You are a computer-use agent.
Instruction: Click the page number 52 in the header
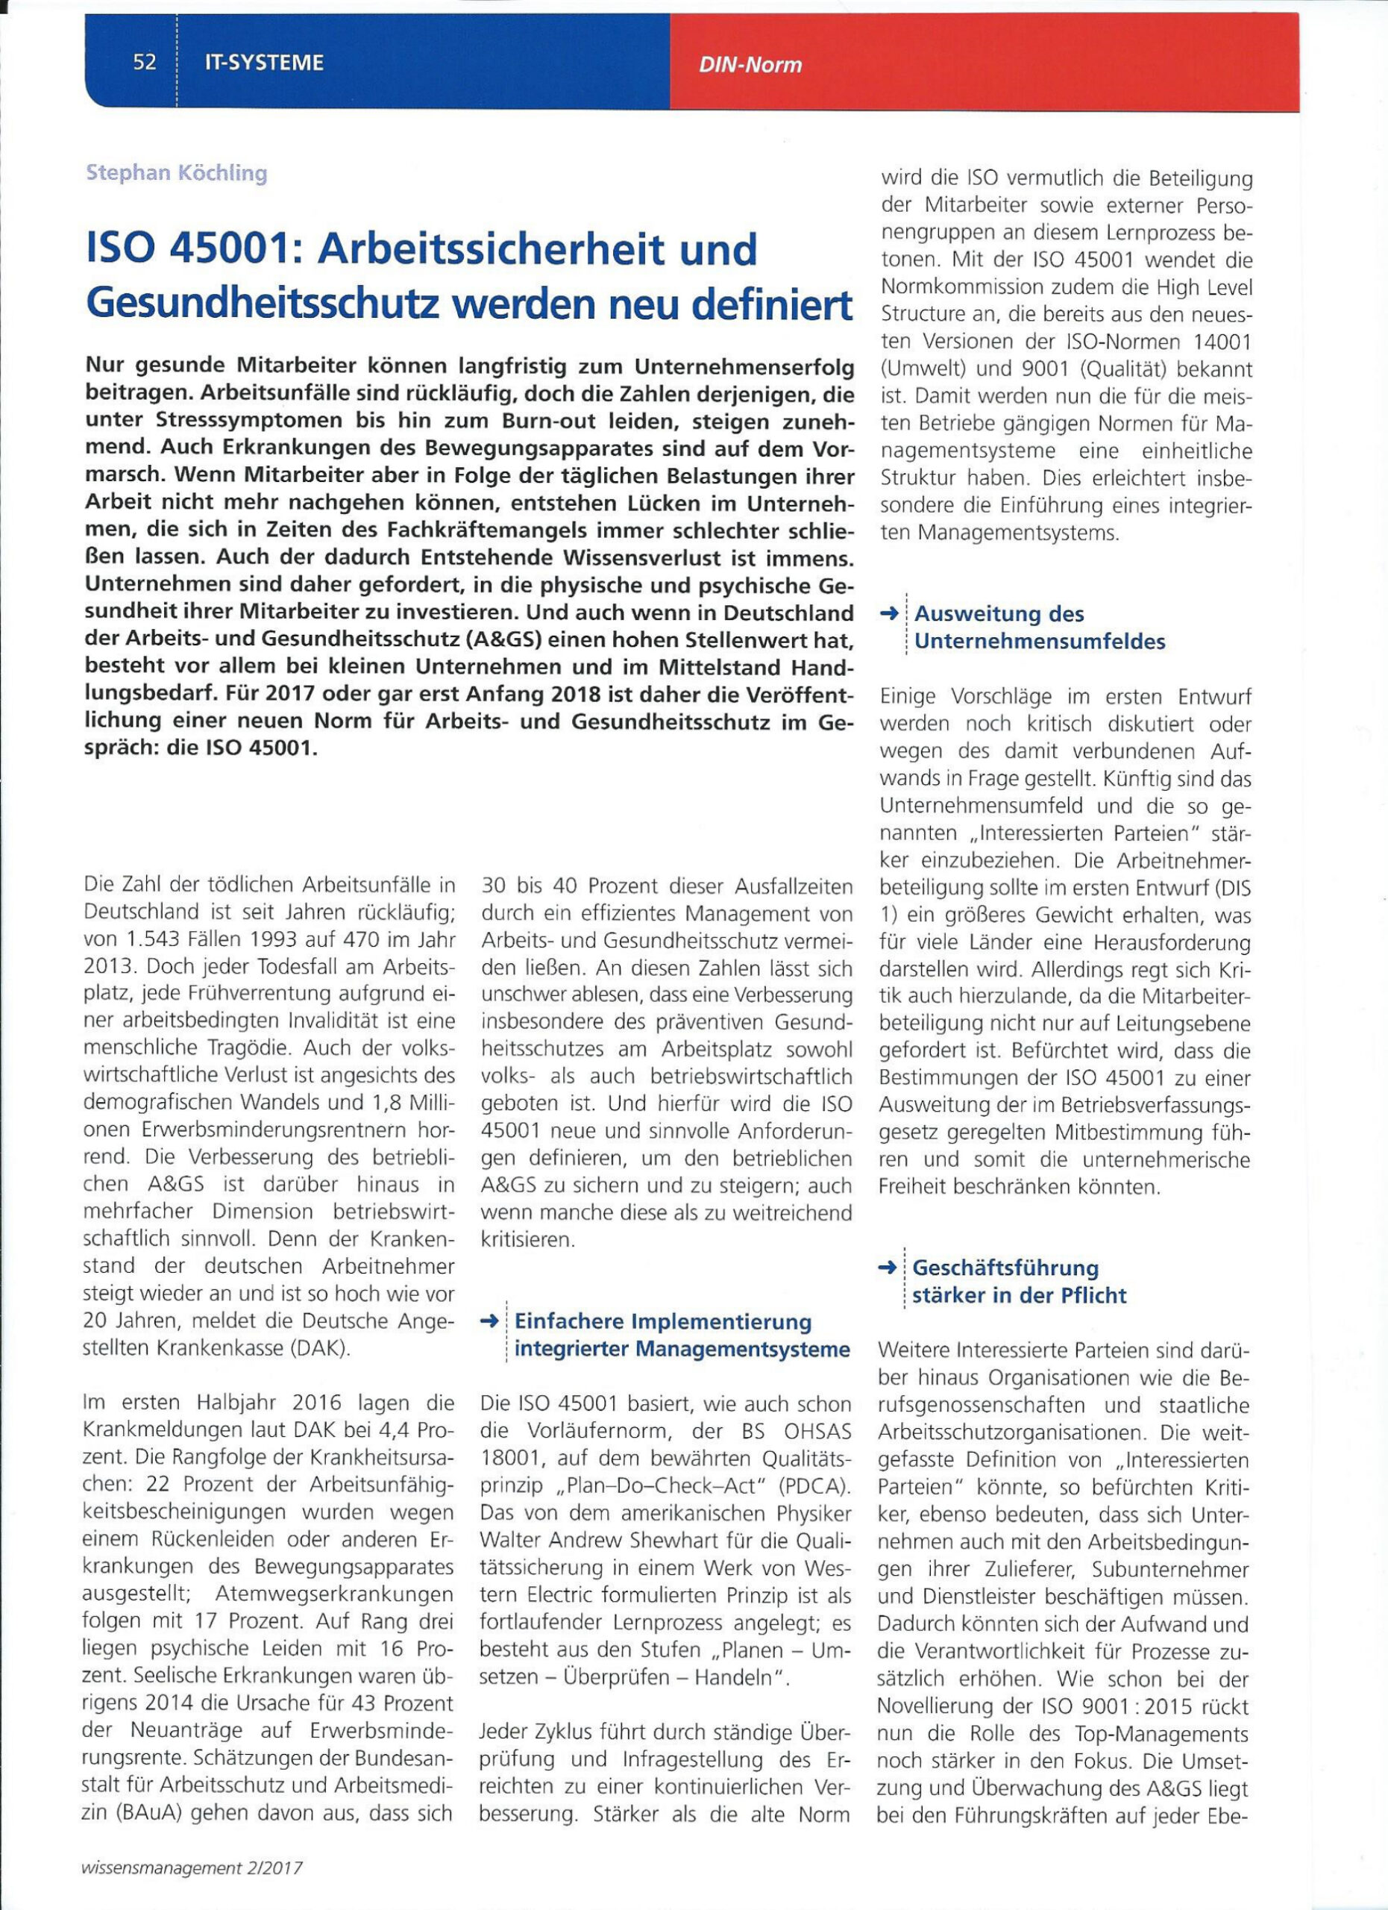pos(145,63)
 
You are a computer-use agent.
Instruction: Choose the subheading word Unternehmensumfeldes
pos(1040,642)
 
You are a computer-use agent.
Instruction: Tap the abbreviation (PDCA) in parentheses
pos(814,1485)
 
